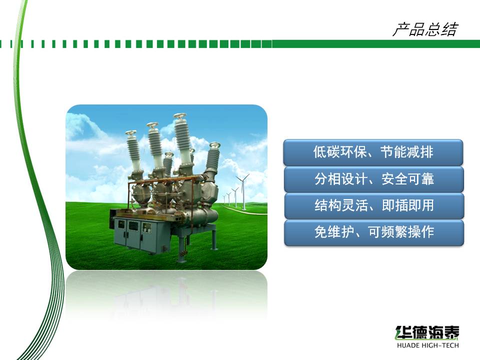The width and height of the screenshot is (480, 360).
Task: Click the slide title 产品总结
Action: tap(425, 29)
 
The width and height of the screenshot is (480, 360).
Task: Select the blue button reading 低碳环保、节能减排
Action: tap(373, 152)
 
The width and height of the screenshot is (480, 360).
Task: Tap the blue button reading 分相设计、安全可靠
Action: tap(374, 179)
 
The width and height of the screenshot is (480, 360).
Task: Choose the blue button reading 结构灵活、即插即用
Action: tap(374, 205)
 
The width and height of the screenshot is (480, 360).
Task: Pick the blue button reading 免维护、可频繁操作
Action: tap(374, 232)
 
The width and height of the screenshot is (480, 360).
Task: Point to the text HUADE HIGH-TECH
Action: tap(427, 345)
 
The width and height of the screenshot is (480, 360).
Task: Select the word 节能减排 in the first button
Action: tap(407, 152)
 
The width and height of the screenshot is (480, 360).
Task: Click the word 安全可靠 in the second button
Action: tap(408, 179)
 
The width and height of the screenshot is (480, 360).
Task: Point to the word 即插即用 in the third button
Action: tap(408, 205)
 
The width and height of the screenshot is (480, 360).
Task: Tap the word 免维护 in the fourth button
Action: tap(334, 232)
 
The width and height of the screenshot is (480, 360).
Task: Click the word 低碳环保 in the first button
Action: tap(339, 152)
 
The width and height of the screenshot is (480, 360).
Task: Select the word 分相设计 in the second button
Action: tap(340, 179)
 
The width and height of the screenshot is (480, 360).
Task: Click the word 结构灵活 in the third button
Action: tap(341, 205)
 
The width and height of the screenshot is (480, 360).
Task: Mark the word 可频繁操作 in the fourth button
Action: tap(401, 232)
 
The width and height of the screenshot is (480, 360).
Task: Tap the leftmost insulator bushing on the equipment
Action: tap(134, 152)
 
